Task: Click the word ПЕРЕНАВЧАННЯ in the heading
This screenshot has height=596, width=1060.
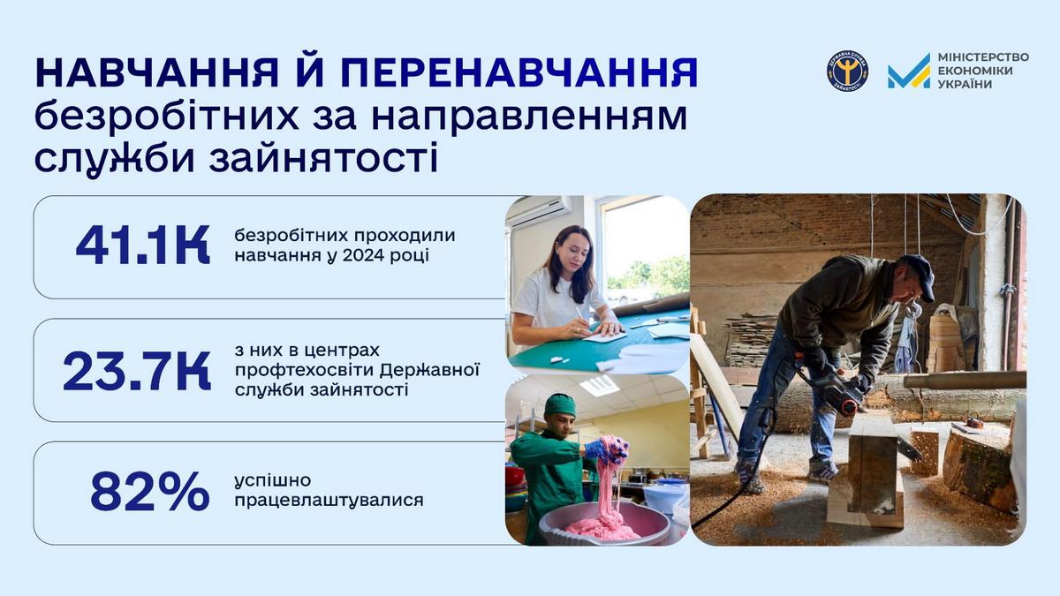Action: (519, 73)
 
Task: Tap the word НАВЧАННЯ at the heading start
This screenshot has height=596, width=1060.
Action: (156, 73)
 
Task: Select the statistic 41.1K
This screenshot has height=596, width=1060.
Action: (142, 246)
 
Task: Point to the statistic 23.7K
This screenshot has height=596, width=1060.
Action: (137, 372)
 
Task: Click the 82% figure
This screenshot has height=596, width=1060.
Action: (149, 493)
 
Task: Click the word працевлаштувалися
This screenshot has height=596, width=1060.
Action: (329, 501)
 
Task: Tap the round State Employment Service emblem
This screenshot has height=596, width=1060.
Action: (847, 72)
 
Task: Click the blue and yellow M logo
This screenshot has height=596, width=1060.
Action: (909, 72)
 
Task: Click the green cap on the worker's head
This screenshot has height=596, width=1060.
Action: (560, 404)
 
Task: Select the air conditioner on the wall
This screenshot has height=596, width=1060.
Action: (538, 211)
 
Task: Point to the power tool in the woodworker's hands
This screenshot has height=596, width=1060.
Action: (833, 394)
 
